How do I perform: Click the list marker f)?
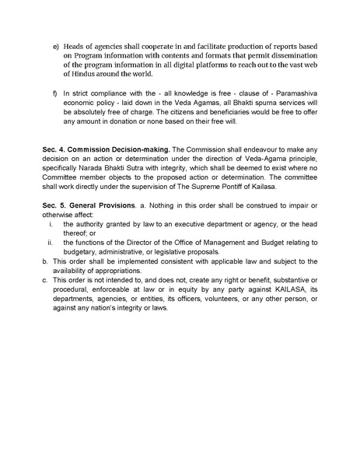[x=56, y=94]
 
